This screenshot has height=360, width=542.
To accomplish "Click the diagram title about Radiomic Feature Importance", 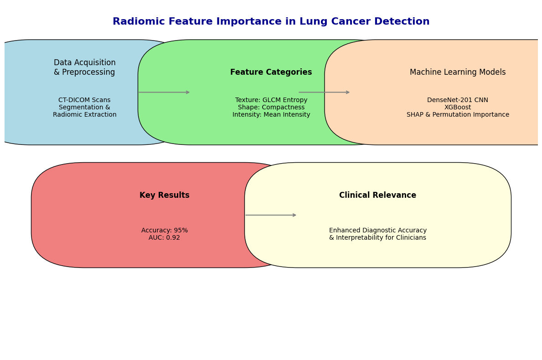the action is coord(271,21).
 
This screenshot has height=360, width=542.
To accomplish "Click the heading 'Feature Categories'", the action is coord(271,72).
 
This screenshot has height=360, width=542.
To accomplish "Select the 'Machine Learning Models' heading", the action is coord(458,72).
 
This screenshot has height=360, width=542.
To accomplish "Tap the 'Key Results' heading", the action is coord(165,195).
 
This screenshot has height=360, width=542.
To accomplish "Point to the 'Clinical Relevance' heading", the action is coord(377,195).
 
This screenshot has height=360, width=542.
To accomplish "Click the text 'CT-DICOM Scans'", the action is coord(84,100).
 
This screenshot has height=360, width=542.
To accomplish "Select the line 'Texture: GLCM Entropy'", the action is coord(271,100).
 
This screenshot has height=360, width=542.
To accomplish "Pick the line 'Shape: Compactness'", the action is coord(271,108).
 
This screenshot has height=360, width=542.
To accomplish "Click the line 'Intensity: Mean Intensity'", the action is coord(271,115).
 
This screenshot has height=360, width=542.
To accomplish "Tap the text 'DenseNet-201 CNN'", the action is coord(458,100).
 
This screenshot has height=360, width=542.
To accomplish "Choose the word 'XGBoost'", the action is coord(458,108).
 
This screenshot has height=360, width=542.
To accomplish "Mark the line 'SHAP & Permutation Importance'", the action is coord(458,115).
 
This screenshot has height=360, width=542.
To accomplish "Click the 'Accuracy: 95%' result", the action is coord(165,231).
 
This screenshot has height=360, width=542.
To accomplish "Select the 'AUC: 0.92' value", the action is coord(165,238).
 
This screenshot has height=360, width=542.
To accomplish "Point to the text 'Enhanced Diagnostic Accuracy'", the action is coord(378,231).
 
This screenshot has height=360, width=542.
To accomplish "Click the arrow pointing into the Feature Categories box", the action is coord(164,92).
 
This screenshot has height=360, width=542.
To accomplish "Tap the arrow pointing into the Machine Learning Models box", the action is coord(324,92).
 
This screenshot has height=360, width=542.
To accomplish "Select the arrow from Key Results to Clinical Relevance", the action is coord(271,215).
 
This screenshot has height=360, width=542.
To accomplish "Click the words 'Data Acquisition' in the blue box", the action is coord(85,62).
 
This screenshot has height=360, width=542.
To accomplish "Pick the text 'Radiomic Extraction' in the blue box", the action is coord(85,115).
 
